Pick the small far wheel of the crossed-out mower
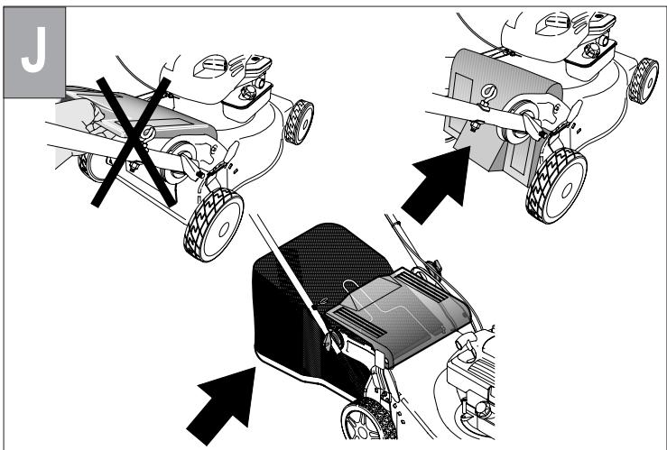click(x=299, y=122)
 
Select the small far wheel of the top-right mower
click(x=643, y=81)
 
